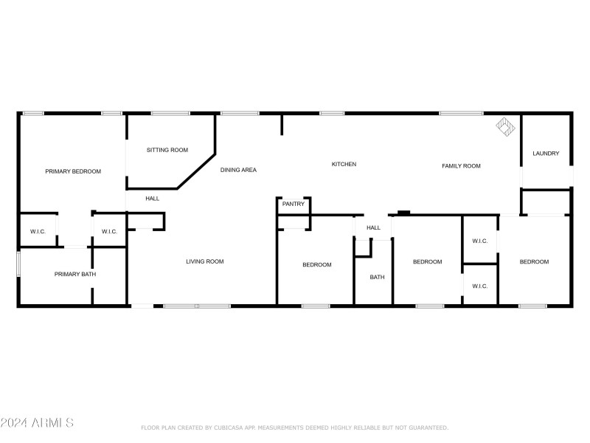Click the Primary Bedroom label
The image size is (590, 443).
pos(73,171)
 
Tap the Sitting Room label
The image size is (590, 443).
pos(167,150)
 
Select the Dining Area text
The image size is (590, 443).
pos(238,170)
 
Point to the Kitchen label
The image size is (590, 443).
pos(344,164)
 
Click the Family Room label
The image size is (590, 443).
pos(461,165)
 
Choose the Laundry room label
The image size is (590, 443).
pos(546,154)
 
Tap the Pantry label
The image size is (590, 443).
pos(293,204)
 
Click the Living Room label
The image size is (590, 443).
pos(205,261)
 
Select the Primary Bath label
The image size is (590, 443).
pos(75,274)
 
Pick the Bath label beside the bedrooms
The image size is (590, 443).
pos(377,278)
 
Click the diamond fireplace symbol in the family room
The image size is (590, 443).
pos(505,126)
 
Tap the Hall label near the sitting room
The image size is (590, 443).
pos(153,199)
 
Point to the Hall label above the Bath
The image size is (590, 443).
pos(373,227)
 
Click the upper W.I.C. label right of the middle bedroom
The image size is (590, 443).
pos(480,241)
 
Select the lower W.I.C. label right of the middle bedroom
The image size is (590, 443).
pos(480,286)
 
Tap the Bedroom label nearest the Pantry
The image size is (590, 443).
pos(317,265)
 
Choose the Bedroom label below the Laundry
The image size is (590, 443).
pos(534,262)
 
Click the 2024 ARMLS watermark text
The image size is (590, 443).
pos(37,422)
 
